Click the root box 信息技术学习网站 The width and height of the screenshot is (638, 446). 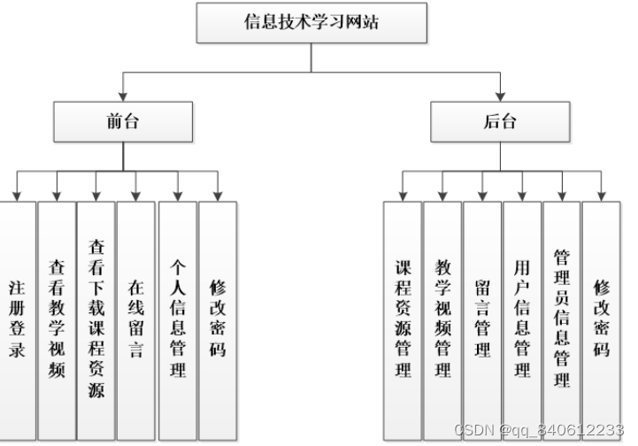pyautogui.click(x=311, y=24)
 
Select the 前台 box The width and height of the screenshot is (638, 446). pyautogui.click(x=122, y=122)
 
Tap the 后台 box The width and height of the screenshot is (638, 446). pyautogui.click(x=500, y=122)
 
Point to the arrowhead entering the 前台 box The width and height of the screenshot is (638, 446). pyautogui.click(x=122, y=96)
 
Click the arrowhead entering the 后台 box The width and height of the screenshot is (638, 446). pyautogui.click(x=500, y=96)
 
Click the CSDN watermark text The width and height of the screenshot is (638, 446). pyautogui.click(x=544, y=430)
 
